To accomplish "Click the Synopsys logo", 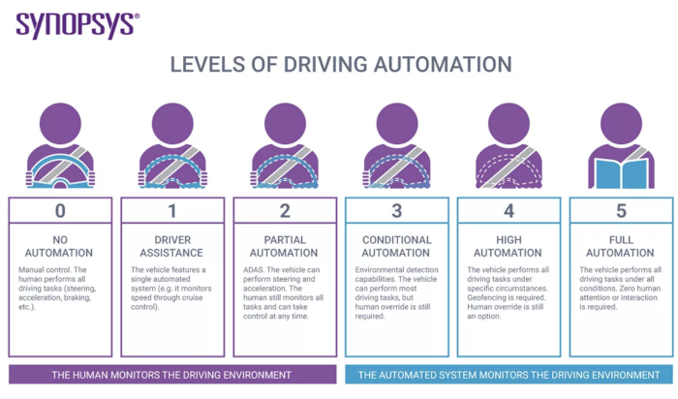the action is [77, 25].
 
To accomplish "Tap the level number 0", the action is [60, 211].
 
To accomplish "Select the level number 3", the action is [397, 211].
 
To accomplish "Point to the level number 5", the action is [622, 211].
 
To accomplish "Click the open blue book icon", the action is [622, 173].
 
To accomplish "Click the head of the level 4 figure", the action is [508, 123].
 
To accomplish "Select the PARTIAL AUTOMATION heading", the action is [284, 246].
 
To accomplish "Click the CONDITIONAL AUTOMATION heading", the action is [396, 246].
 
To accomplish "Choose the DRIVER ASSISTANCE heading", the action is [171, 246].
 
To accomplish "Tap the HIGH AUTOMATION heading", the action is [508, 246].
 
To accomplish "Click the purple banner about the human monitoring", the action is [172, 375].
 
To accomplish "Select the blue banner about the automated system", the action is [509, 375].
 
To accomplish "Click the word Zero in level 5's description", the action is [629, 289].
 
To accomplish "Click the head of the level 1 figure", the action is [172, 123].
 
